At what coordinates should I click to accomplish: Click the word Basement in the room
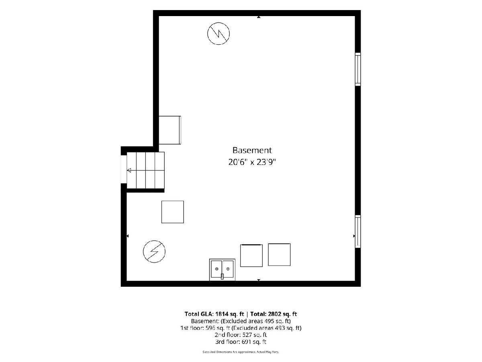coord(252,150)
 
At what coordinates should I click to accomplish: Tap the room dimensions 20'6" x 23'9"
coord(252,162)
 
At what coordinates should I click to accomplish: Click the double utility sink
coord(222,269)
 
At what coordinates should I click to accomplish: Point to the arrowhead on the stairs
coord(129,170)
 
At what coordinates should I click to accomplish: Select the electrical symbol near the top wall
coord(218,34)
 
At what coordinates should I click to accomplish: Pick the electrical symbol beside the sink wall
coord(154,251)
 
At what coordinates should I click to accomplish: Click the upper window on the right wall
coord(358,69)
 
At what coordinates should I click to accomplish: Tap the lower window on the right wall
coord(358,232)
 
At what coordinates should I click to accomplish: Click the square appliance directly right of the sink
coord(251,256)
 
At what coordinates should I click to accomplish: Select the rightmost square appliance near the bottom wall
coord(279,255)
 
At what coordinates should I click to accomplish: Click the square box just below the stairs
coord(173,212)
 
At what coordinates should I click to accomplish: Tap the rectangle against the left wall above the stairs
coord(170,130)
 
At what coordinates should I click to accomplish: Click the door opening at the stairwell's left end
coord(124,169)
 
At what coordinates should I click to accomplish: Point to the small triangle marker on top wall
coord(259,17)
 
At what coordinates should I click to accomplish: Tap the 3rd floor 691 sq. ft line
coord(241,342)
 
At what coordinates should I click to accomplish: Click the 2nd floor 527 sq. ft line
coord(241,335)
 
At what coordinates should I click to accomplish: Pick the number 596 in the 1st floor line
coord(210,328)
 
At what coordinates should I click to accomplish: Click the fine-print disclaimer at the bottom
coord(241,352)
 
